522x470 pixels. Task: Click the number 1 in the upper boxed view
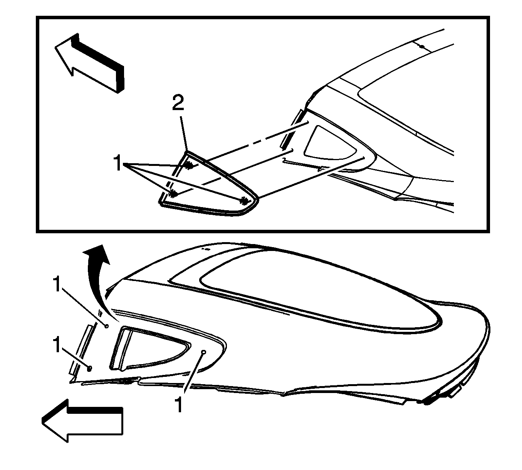pyautogui.click(x=118, y=163)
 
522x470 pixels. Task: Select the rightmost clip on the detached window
pyautogui.click(x=244, y=200)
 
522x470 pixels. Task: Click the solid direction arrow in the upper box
pyautogui.click(x=89, y=63)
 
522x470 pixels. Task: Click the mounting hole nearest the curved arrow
pyautogui.click(x=106, y=326)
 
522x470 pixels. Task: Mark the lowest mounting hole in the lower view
pyautogui.click(x=89, y=368)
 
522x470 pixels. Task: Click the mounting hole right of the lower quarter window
pyautogui.click(x=204, y=352)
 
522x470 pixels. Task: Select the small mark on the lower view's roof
pyautogui.click(x=206, y=249)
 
